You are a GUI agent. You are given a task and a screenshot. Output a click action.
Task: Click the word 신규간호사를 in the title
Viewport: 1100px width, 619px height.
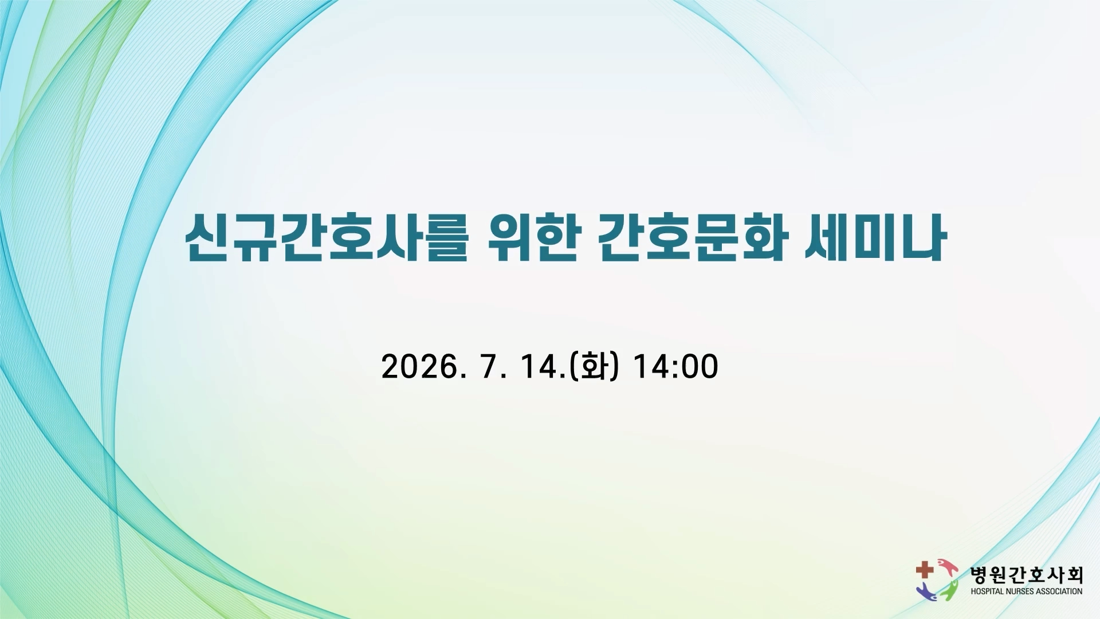[x=327, y=237]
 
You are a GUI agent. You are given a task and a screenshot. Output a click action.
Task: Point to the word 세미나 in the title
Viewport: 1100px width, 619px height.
[x=874, y=237]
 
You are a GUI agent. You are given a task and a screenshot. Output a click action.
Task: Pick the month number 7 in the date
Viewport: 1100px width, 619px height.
[x=489, y=366]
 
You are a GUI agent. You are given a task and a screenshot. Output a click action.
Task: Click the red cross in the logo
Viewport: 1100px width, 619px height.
[x=924, y=570]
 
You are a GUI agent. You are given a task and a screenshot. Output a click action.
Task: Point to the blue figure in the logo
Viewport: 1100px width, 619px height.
[x=926, y=592]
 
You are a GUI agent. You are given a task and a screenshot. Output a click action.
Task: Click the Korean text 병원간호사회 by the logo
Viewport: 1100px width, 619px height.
[x=1026, y=575]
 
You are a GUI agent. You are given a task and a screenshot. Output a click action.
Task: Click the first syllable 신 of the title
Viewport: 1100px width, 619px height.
[x=207, y=237]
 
